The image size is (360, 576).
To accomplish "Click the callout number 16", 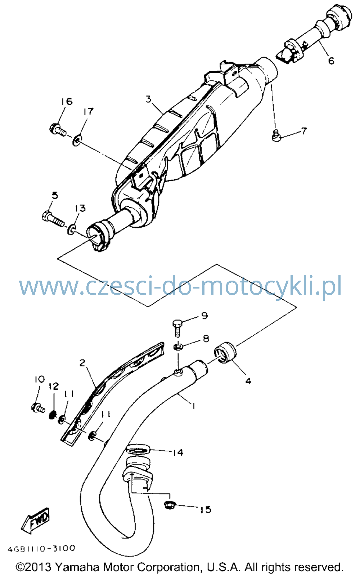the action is pyautogui.click(x=67, y=102).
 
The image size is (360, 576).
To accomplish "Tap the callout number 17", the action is pyautogui.click(x=88, y=112).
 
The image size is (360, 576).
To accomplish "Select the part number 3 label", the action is pyautogui.click(x=149, y=99).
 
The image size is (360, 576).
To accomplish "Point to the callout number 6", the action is pyautogui.click(x=331, y=61).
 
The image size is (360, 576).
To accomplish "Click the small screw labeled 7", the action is pyautogui.click(x=276, y=135).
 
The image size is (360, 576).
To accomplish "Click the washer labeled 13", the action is pyautogui.click(x=72, y=229).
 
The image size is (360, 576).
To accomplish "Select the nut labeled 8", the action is pyautogui.click(x=178, y=347).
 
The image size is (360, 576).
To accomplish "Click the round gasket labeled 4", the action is pyautogui.click(x=225, y=353).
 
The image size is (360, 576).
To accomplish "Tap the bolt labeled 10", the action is pyautogui.click(x=38, y=407).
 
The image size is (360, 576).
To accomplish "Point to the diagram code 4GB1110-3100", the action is pyautogui.click(x=41, y=549).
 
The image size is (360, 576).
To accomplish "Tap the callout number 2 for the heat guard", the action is pyautogui.click(x=82, y=363).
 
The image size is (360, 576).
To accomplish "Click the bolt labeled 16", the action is pyautogui.click(x=58, y=130).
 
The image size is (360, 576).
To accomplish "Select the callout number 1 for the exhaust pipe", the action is pyautogui.click(x=193, y=406).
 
